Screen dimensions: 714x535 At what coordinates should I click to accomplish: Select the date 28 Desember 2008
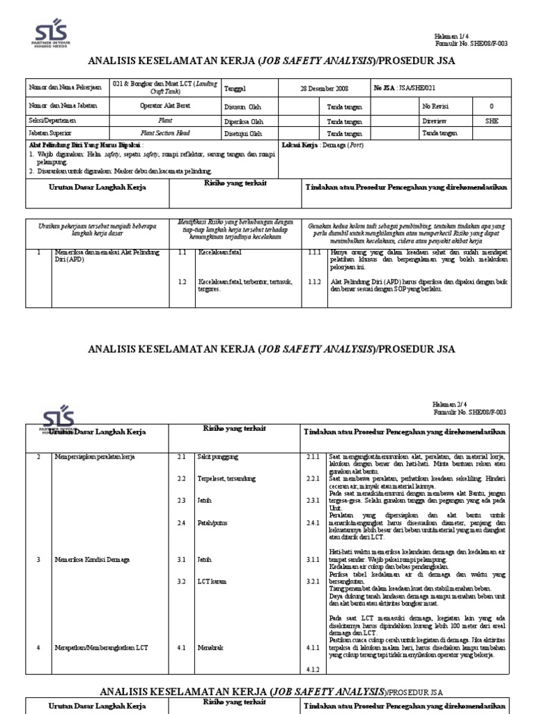coord(324,89)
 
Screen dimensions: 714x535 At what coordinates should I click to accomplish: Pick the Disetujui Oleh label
coord(243,133)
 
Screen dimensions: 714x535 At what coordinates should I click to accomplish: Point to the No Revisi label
coord(437,107)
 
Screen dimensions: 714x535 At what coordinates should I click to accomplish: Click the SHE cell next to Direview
coord(491,121)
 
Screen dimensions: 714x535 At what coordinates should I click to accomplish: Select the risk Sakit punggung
coord(218,456)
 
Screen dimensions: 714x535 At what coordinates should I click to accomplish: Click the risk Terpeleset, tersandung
coord(228,478)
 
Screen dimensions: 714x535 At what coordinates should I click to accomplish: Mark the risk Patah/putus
coord(214,523)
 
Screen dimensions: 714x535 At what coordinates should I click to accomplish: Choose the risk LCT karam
coord(212,581)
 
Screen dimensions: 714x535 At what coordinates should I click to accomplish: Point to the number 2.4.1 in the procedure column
coord(312,523)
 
